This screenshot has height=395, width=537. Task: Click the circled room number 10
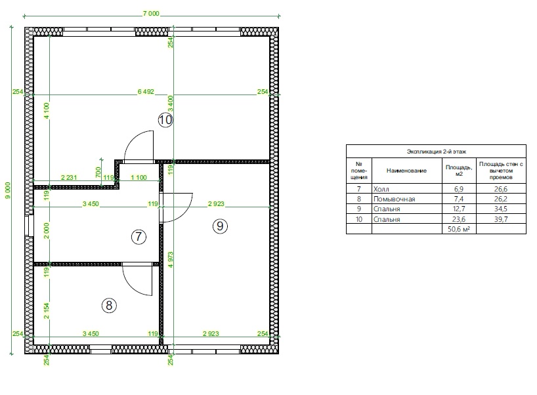(165, 120)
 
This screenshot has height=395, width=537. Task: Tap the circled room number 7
(139, 236)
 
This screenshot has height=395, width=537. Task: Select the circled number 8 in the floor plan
(109, 305)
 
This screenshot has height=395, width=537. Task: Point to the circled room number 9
(220, 226)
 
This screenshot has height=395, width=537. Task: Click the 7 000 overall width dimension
(151, 14)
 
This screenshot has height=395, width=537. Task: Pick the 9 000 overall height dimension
(7, 190)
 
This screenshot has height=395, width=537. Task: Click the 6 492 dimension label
(146, 91)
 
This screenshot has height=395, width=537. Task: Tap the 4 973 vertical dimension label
(171, 260)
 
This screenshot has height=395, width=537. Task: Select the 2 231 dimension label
(69, 177)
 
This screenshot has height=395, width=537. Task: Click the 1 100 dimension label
(139, 177)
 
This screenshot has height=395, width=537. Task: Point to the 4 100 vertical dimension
(47, 110)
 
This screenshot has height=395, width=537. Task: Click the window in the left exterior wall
(29, 226)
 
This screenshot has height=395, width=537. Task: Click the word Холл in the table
(381, 189)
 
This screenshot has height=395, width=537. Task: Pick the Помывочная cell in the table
(394, 199)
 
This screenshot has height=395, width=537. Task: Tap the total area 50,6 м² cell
(459, 229)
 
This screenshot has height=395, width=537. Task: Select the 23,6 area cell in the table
(459, 219)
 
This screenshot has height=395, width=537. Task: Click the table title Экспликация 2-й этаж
(437, 152)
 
